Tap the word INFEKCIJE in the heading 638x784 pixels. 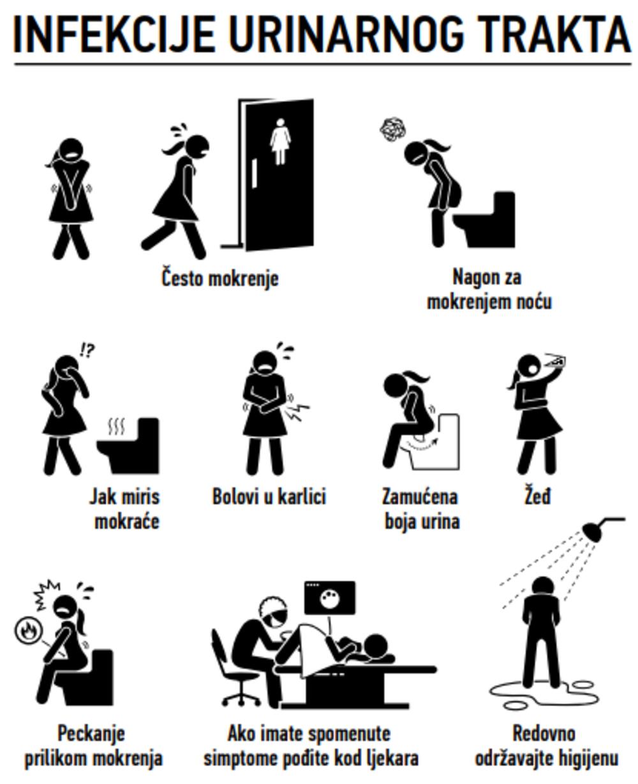click(x=114, y=34)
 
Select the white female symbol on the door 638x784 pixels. click(x=280, y=141)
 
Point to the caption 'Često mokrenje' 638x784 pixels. click(x=219, y=278)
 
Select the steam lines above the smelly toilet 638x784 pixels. click(x=116, y=427)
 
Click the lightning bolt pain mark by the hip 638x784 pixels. click(x=297, y=413)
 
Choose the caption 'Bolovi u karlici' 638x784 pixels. click(x=269, y=496)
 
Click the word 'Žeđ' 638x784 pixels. click(x=537, y=496)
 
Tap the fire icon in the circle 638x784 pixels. click(x=28, y=631)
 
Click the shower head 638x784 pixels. click(x=594, y=531)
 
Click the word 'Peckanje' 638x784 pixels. click(x=91, y=733)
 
